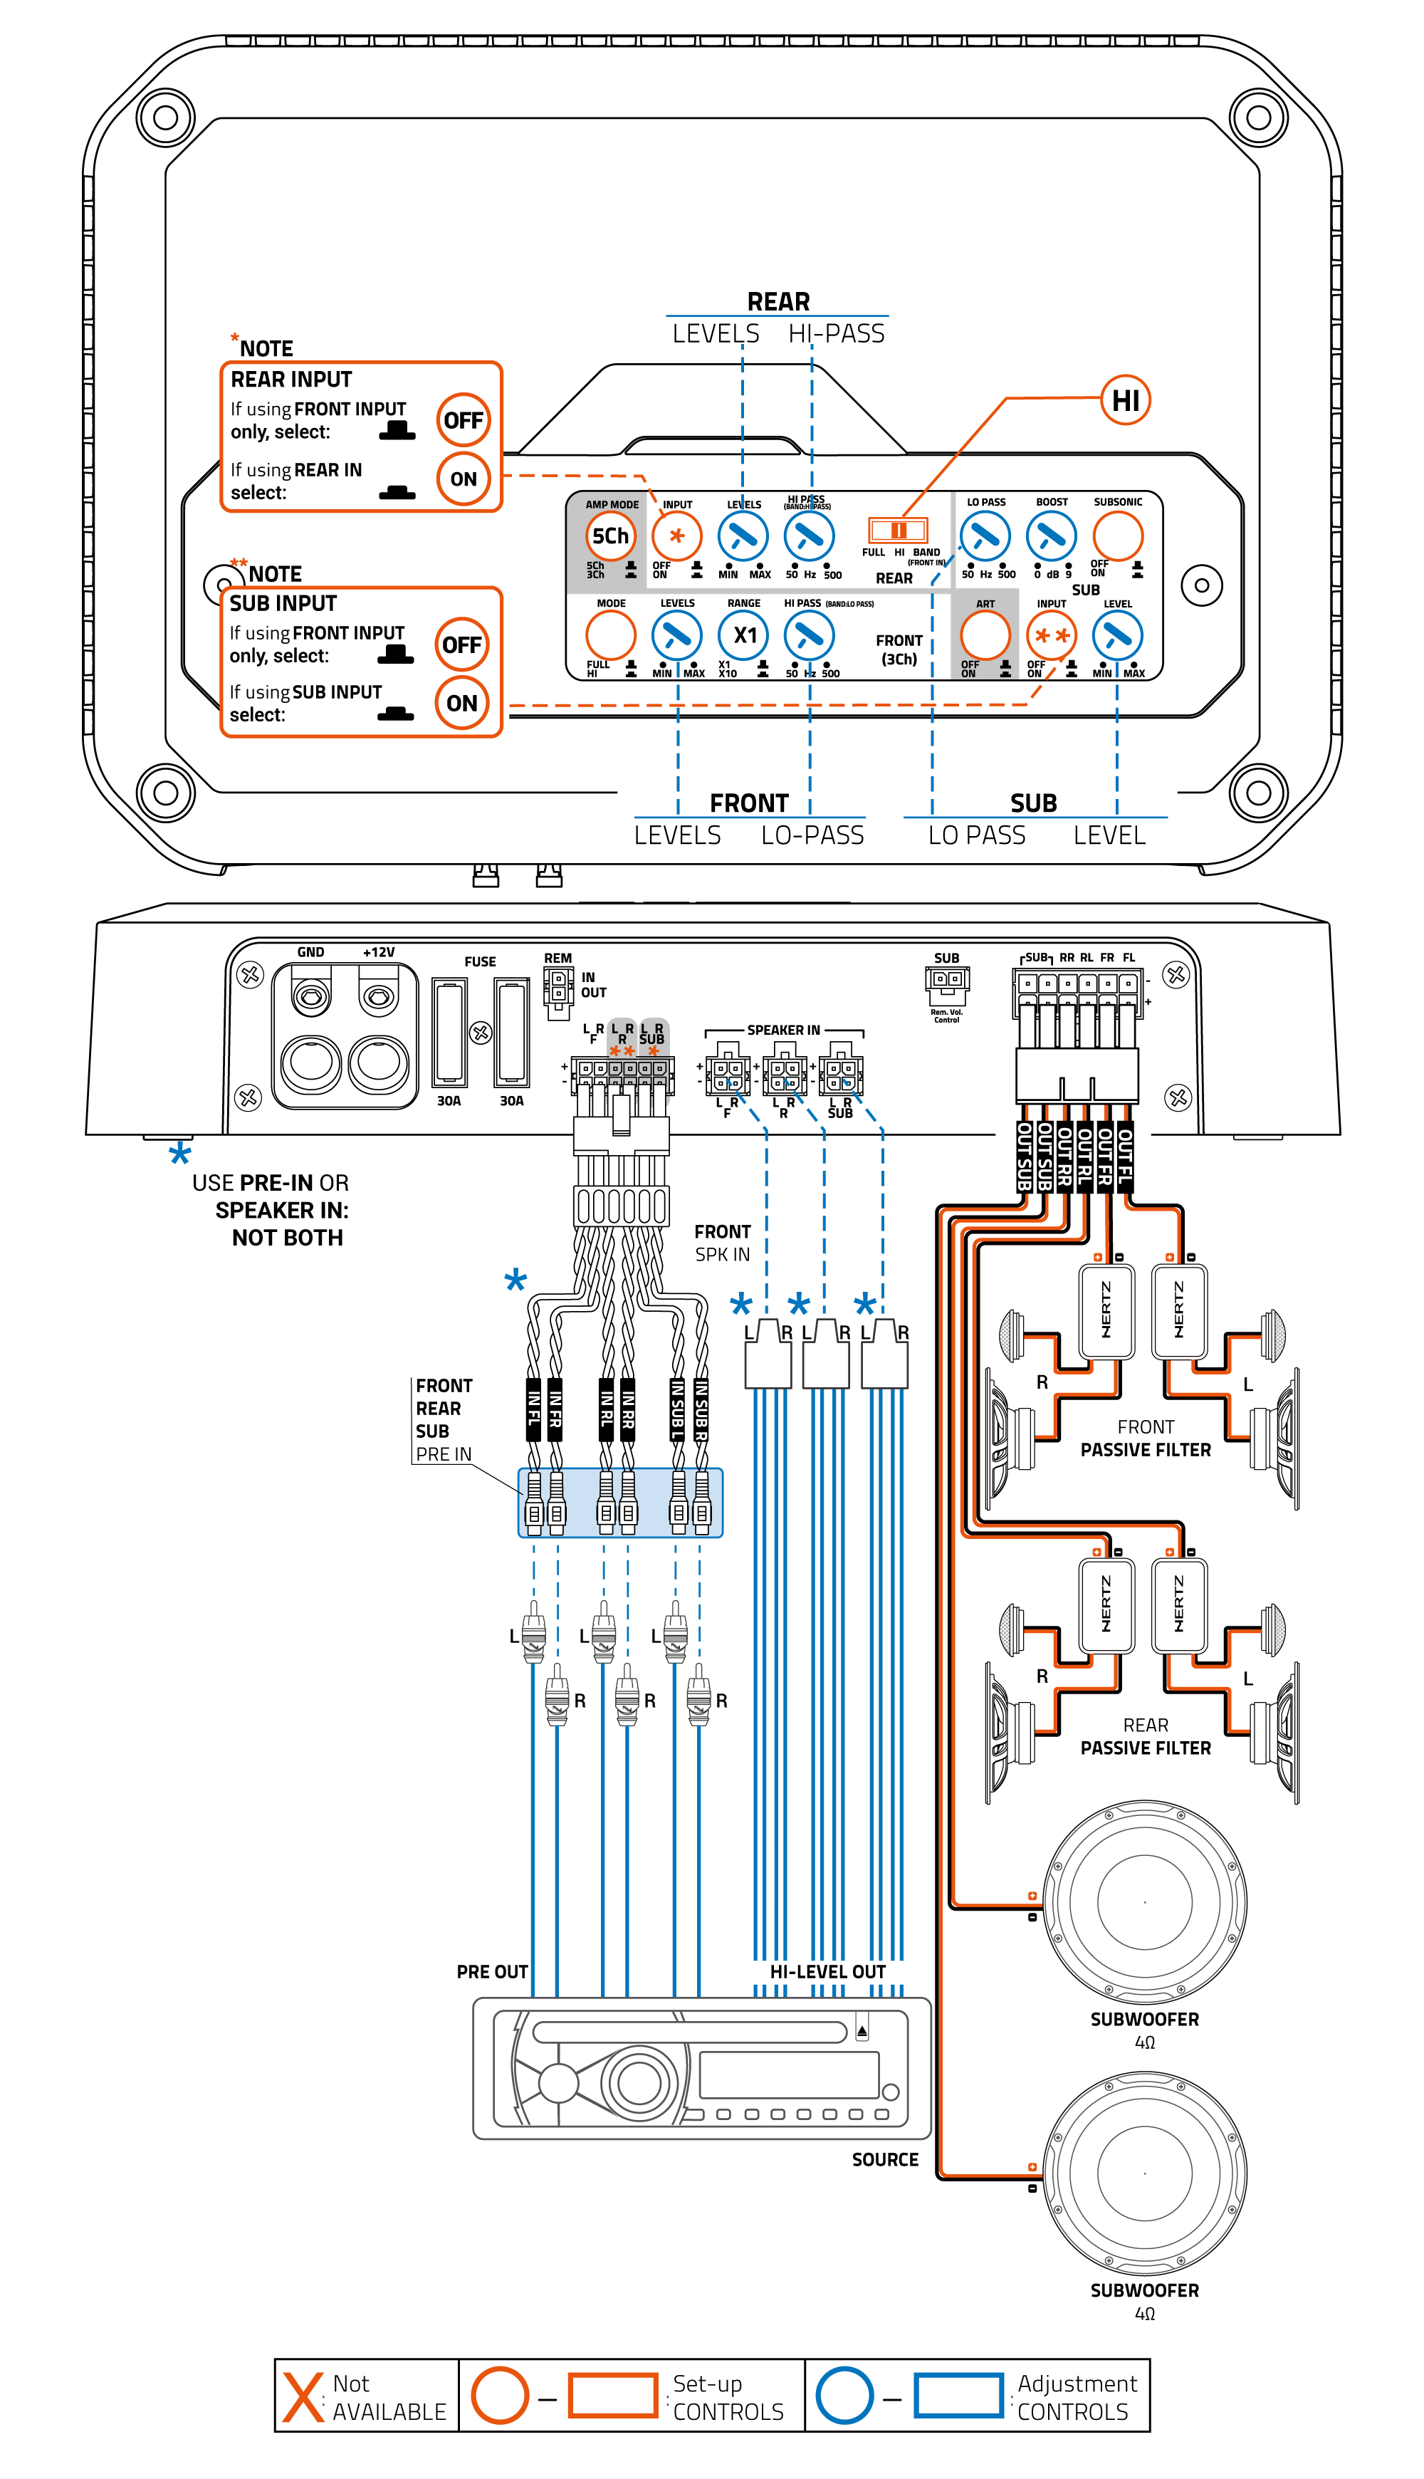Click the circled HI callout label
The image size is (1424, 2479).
point(1125,400)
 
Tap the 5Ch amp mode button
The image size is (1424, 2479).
point(610,536)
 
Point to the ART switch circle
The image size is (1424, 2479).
point(985,636)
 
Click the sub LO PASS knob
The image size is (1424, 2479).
point(985,536)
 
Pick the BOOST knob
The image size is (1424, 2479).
point(1050,536)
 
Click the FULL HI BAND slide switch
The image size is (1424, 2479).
point(898,530)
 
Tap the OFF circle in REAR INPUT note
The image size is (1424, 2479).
point(463,420)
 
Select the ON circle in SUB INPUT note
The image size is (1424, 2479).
point(461,703)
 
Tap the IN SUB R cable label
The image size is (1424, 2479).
point(701,1408)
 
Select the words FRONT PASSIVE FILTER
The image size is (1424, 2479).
point(1146,1439)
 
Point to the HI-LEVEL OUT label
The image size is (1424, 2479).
point(827,1971)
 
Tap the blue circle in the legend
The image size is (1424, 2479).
point(844,2395)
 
